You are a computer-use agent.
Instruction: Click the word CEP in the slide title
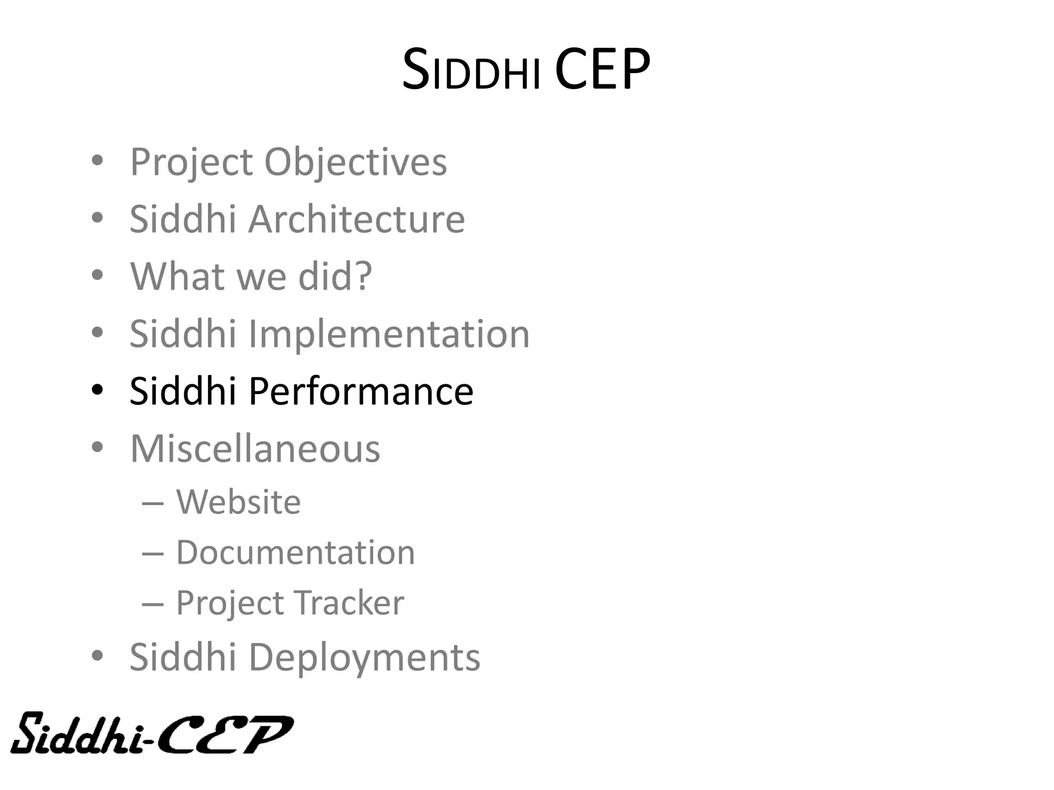pyautogui.click(x=602, y=69)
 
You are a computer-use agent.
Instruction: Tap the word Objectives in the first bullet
pyautogui.click(x=355, y=163)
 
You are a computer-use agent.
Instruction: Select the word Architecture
pyautogui.click(x=357, y=220)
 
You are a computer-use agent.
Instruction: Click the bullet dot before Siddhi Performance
pyautogui.click(x=97, y=390)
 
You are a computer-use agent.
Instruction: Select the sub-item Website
pyautogui.click(x=238, y=501)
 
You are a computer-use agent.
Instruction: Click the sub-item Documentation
pyautogui.click(x=295, y=553)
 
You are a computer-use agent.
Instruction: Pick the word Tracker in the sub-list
pyautogui.click(x=349, y=603)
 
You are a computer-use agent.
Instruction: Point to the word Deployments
pyautogui.click(x=364, y=658)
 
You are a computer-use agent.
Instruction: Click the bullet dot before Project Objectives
pyautogui.click(x=97, y=161)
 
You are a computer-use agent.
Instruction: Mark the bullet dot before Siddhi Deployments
pyautogui.click(x=97, y=656)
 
